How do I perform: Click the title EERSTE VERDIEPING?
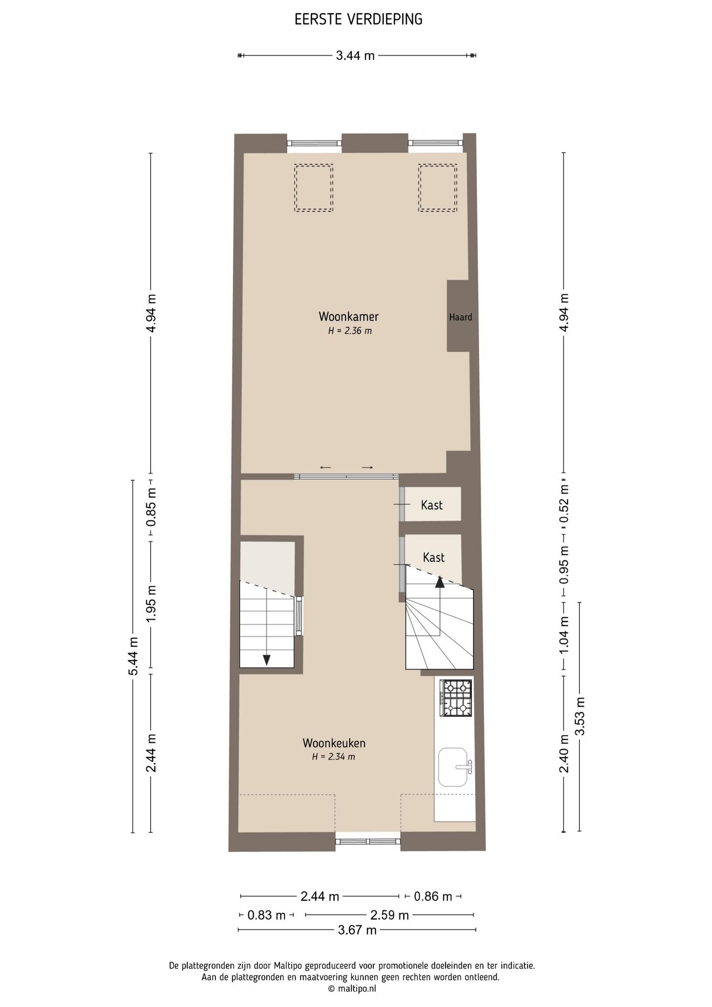point(358,19)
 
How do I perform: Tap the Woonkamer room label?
point(349,316)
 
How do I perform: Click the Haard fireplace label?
point(460,317)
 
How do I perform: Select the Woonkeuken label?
point(334,743)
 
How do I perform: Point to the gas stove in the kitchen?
point(456,698)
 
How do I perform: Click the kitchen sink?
point(454,767)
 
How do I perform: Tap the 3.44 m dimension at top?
point(355,56)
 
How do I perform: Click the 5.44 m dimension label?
point(134,656)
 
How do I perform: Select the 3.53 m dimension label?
point(580,716)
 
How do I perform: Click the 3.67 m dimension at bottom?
point(357,930)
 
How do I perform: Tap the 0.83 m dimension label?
point(266,915)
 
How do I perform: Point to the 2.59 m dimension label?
point(390,915)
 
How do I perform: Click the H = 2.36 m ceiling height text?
point(350,331)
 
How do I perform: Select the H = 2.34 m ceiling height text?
point(333,757)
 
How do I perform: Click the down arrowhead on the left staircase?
point(266,660)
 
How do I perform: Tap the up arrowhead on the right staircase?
point(439,581)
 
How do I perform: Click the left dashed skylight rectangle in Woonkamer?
point(314,188)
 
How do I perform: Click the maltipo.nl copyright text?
point(352,989)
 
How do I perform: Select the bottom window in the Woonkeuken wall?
point(368,841)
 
